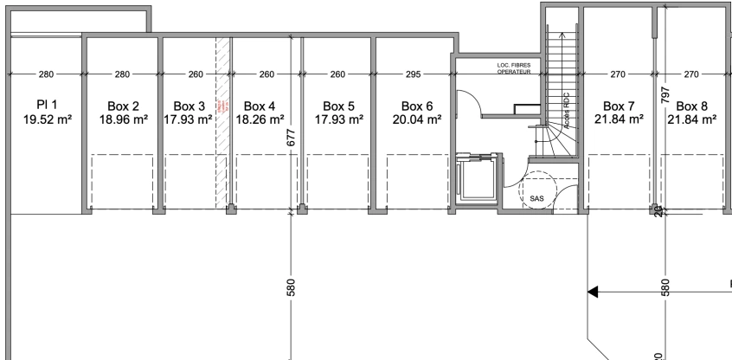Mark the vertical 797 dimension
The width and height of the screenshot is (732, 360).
click(665, 93)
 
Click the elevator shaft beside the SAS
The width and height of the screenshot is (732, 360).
click(474, 184)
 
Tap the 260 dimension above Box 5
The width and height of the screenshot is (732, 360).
click(338, 74)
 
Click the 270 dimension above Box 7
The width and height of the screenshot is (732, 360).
click(618, 74)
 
